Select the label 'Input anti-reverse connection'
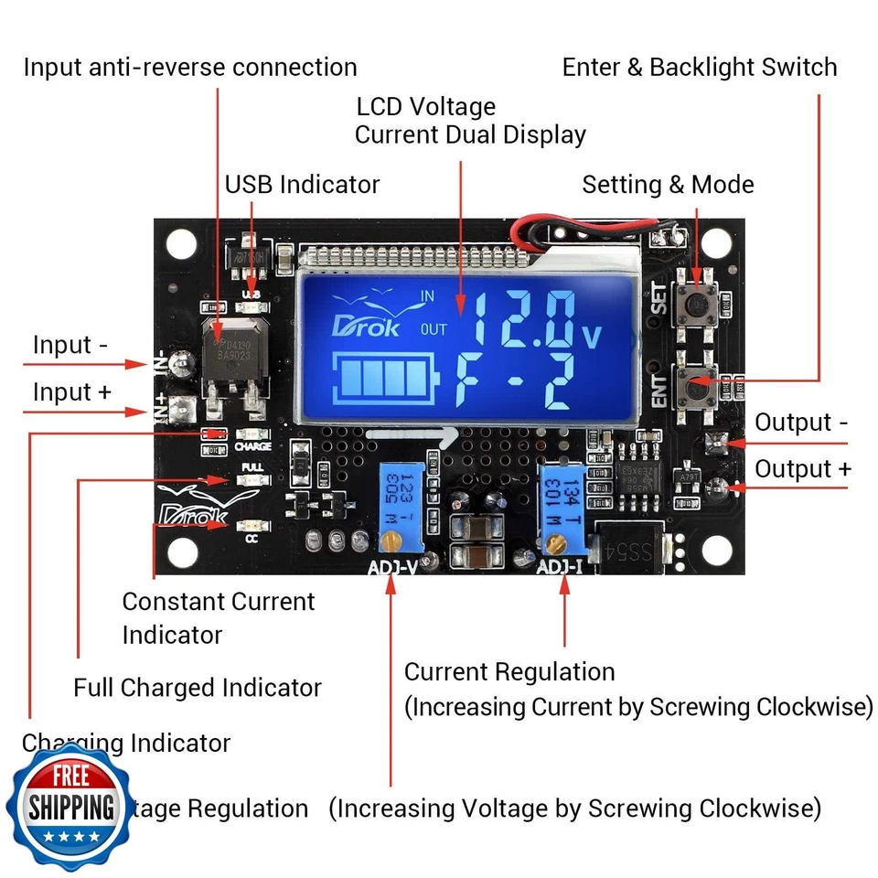point(190,68)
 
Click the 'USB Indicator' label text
point(302,184)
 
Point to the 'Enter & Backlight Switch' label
point(700,68)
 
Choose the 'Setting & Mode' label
point(668,185)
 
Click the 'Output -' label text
point(801,423)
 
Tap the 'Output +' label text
point(802,469)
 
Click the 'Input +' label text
point(72,392)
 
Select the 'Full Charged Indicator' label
point(198,688)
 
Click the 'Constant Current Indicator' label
point(218,617)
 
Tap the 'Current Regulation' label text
point(509,672)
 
